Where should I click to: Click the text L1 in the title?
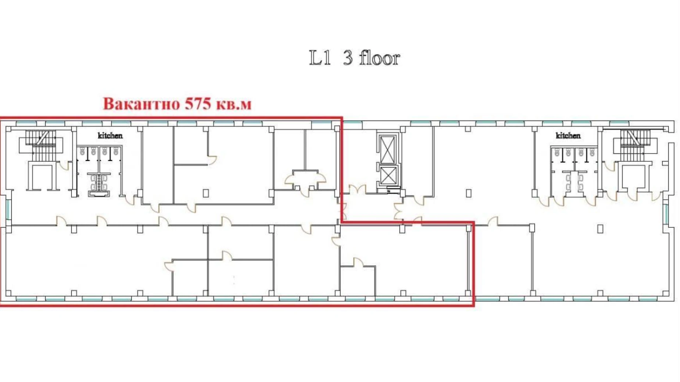tap(319, 58)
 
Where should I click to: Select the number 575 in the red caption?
tap(198, 104)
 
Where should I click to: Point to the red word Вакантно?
tap(141, 104)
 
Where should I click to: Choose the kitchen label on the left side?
tap(110, 136)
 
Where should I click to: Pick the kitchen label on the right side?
tap(568, 136)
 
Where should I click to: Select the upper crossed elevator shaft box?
tap(387, 149)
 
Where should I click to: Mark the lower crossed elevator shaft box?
tap(387, 175)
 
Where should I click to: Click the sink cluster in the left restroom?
tap(99, 183)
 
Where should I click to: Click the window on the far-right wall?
tap(666, 214)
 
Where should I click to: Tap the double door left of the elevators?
tap(357, 191)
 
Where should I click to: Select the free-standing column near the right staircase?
tap(600, 229)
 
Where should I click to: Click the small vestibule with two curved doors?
tap(305, 180)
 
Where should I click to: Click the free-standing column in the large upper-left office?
tap(206, 193)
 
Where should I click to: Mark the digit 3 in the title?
tap(348, 58)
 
